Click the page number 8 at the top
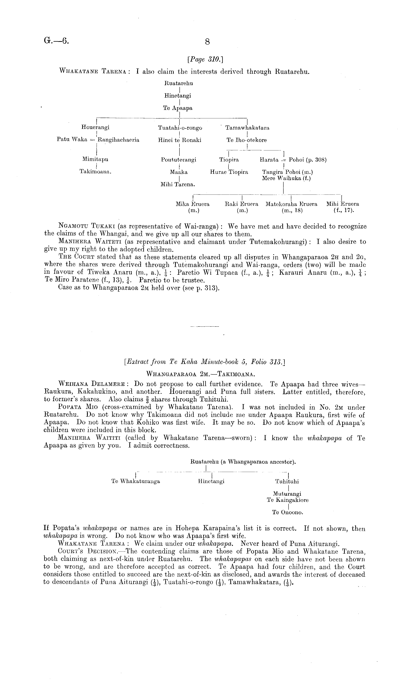click(x=207, y=42)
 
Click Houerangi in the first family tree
click(x=95, y=127)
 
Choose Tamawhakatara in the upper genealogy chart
click(x=247, y=128)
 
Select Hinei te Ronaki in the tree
click(x=180, y=140)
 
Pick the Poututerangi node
click(x=179, y=160)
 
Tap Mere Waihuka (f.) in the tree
click(x=286, y=178)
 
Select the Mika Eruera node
click(x=193, y=204)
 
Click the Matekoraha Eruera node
click(x=291, y=204)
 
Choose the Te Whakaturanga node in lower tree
click(x=136, y=481)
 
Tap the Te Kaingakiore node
click(x=288, y=500)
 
